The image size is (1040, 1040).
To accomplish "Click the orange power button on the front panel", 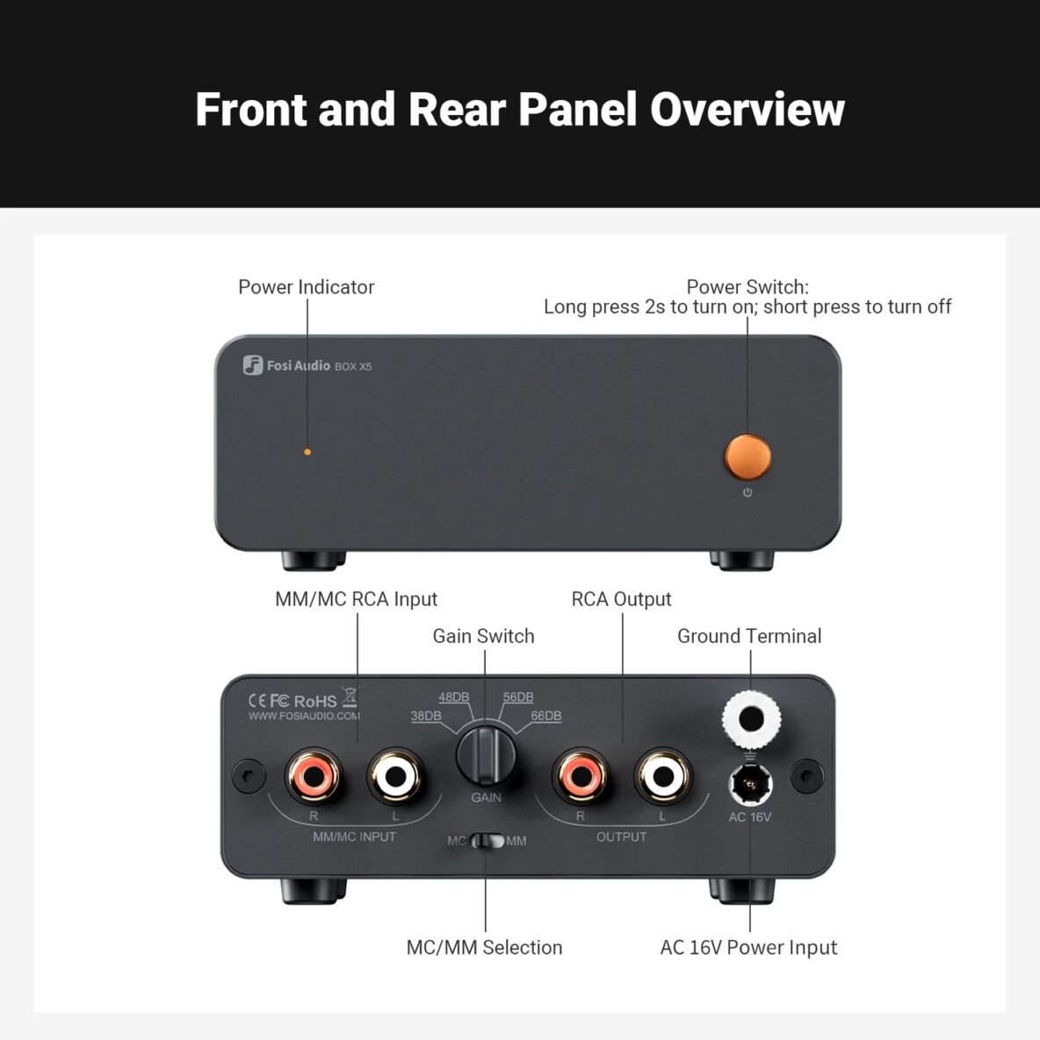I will click(x=747, y=456).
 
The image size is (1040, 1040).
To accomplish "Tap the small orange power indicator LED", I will click(x=307, y=451).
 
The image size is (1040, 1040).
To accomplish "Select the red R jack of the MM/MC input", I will click(x=314, y=776).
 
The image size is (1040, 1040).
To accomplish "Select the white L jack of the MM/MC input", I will click(x=395, y=776).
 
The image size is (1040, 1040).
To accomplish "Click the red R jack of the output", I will click(x=580, y=776).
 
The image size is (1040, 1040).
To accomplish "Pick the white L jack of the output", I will click(x=662, y=776).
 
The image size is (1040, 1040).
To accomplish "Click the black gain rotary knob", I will click(x=486, y=754).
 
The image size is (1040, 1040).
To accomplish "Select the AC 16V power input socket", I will click(x=750, y=782).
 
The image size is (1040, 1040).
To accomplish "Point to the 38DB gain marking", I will click(x=426, y=716).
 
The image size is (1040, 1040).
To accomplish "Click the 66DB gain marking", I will click(x=545, y=716).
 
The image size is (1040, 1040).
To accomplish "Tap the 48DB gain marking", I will click(x=453, y=697).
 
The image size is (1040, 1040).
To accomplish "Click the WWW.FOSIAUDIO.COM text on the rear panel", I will click(x=304, y=716).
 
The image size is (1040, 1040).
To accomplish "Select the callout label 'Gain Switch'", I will click(x=483, y=636).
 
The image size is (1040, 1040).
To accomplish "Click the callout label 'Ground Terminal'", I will click(x=749, y=636).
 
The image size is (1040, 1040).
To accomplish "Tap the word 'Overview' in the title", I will click(x=747, y=110).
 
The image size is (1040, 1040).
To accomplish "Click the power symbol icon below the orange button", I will click(x=747, y=493).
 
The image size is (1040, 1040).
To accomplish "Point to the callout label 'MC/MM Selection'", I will click(x=484, y=947).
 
